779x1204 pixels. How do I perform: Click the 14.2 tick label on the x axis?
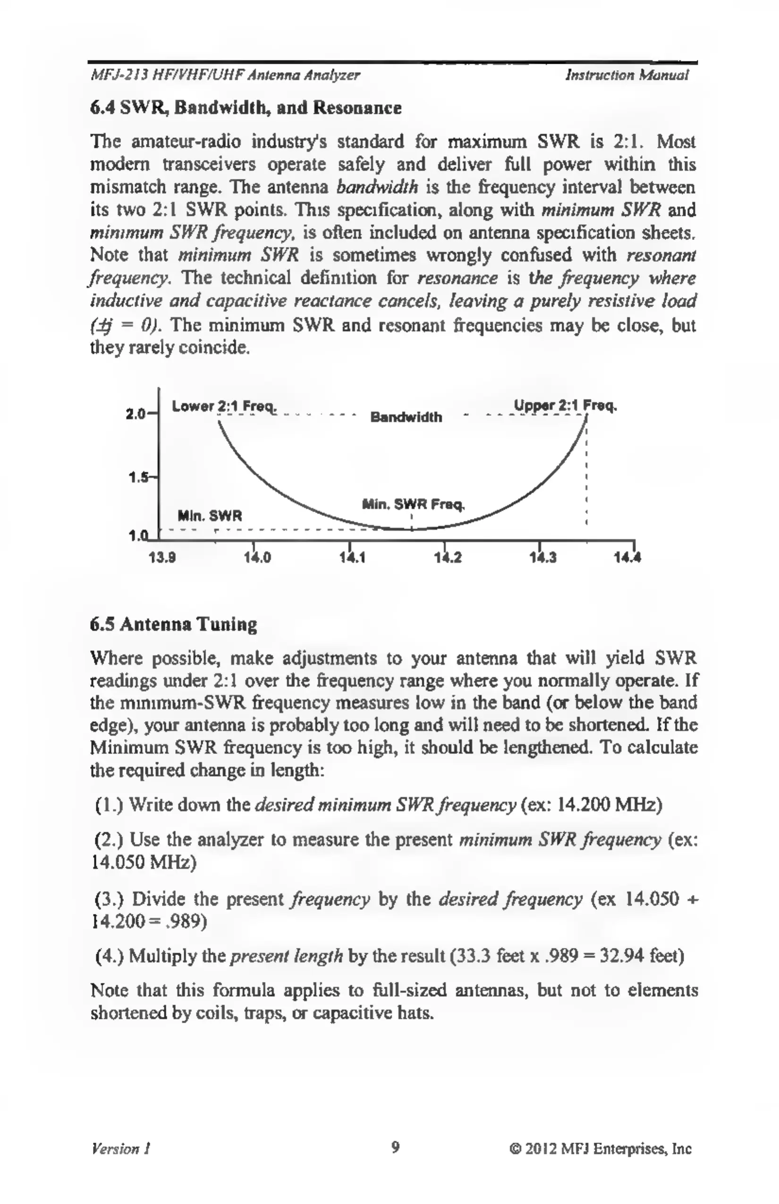pyautogui.click(x=448, y=559)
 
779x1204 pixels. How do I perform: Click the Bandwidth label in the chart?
pyautogui.click(x=406, y=417)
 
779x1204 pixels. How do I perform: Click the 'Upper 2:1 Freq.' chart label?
pyautogui.click(x=566, y=406)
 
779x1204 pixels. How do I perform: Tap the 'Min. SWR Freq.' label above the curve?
pyautogui.click(x=413, y=504)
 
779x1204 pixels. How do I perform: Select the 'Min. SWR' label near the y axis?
pyautogui.click(x=210, y=517)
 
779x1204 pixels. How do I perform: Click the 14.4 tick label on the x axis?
pyautogui.click(x=628, y=559)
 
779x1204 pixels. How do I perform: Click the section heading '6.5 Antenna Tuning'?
pyautogui.click(x=174, y=625)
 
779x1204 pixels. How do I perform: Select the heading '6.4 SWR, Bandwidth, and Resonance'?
pyautogui.click(x=246, y=108)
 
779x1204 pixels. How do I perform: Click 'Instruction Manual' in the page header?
pyautogui.click(x=627, y=76)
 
